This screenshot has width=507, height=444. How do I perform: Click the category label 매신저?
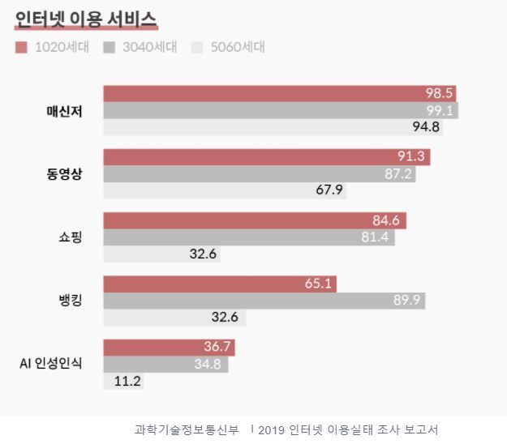pos(64,110)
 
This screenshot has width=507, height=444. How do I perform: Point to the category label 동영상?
pos(64,173)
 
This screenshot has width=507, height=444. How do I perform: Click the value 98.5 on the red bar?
pos(439,93)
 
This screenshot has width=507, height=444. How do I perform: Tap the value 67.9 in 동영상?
pos(329,190)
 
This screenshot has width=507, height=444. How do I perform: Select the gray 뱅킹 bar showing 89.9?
pos(264,301)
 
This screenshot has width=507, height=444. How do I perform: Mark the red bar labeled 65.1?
pos(219,284)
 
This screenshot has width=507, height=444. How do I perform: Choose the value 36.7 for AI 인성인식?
pos(218,348)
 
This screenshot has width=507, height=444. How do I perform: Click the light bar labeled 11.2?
pos(123,381)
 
